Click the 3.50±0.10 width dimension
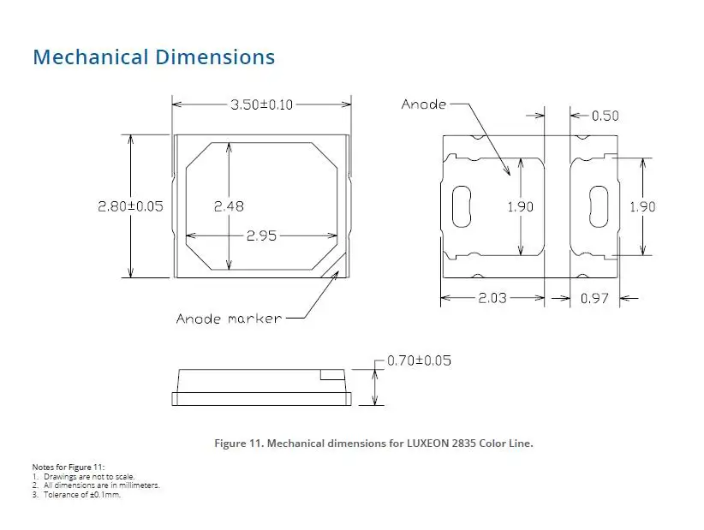coord(262,104)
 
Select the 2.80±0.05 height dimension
coord(131,206)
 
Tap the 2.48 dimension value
coord(229,206)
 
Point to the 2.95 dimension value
coord(262,235)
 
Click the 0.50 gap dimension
coord(606,116)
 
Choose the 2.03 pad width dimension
coord(492,298)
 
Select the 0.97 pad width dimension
coord(594,298)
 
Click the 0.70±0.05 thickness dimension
coord(419,360)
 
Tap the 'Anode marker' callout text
coord(229,319)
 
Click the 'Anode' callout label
coord(424,104)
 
